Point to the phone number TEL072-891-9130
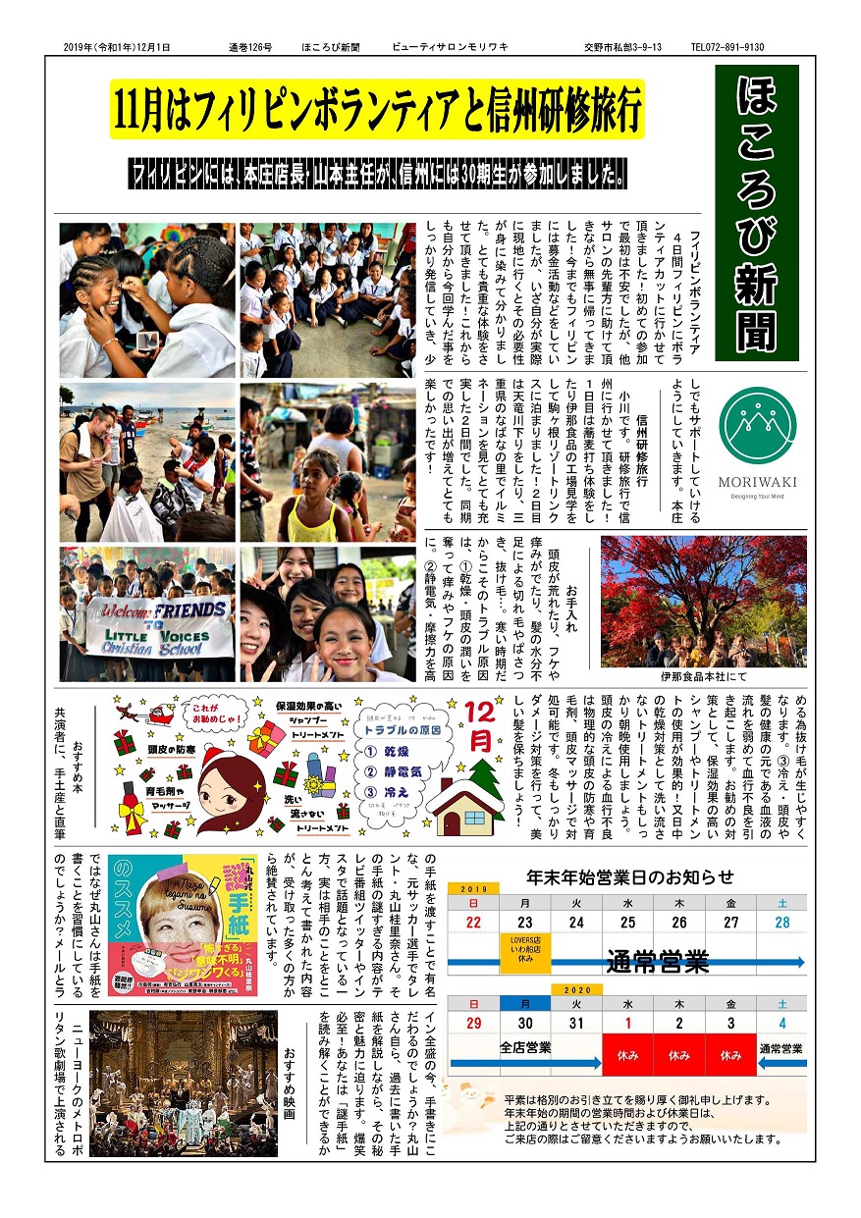tap(727, 46)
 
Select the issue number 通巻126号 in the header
tap(249, 46)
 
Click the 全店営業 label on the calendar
tap(525, 1046)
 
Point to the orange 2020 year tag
tap(575, 989)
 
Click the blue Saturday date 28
tap(781, 923)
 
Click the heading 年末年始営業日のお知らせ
tap(629, 876)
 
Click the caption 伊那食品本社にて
tap(703, 677)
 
